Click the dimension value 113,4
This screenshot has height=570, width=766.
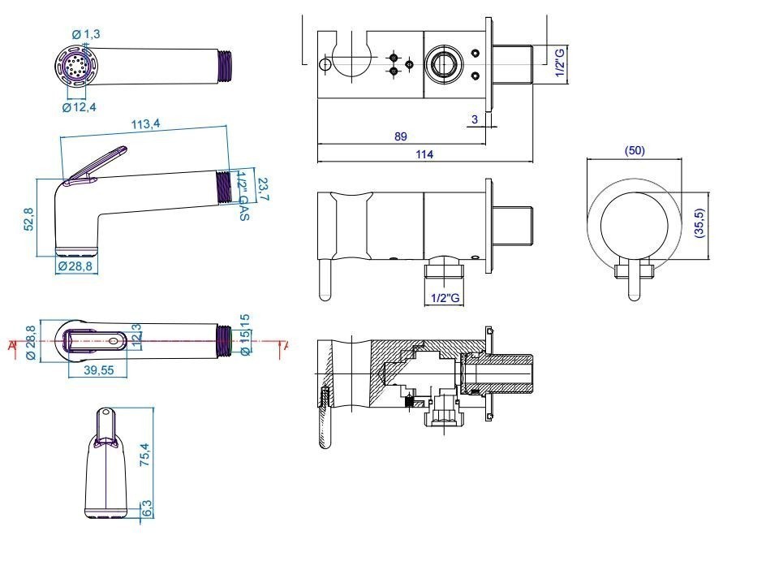(146, 124)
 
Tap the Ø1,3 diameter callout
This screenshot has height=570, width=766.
(86, 34)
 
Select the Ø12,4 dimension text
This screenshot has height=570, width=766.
(80, 107)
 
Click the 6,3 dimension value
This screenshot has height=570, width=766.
(147, 509)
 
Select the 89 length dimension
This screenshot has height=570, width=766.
(400, 136)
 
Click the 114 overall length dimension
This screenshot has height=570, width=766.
(424, 154)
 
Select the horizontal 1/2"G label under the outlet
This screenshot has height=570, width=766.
(445, 298)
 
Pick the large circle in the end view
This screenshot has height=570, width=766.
(634, 219)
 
